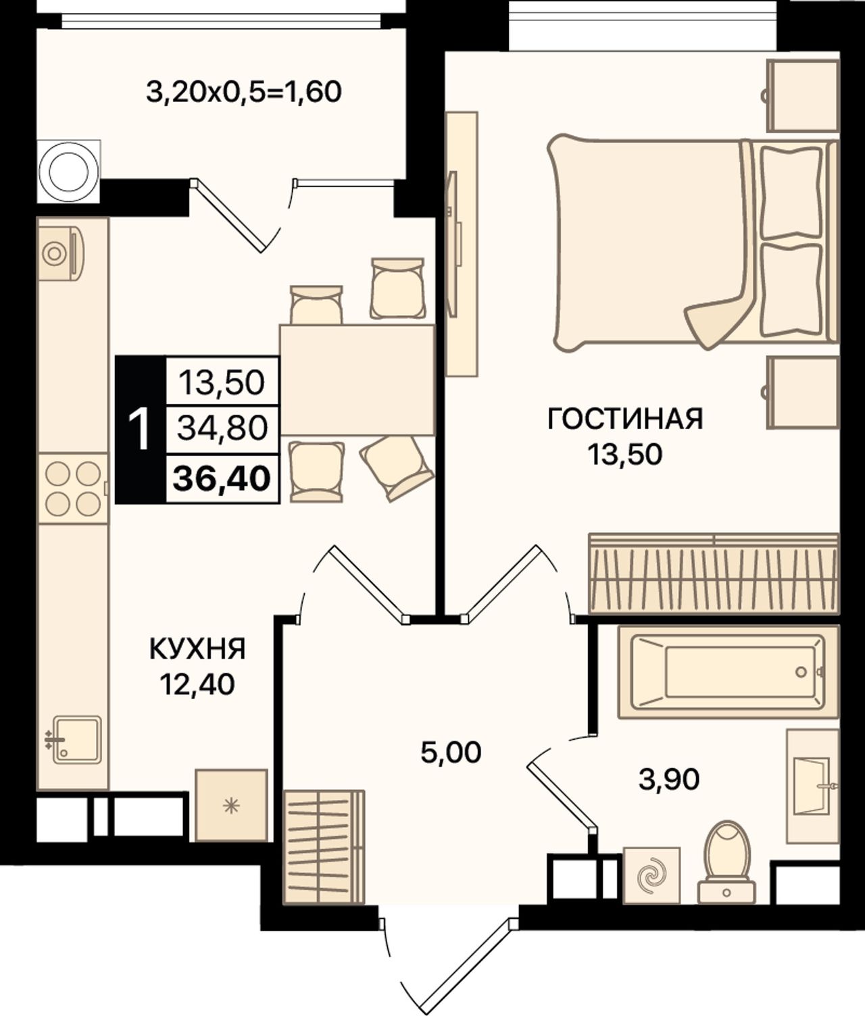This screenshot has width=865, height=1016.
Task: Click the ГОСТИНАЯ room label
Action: pos(625,419)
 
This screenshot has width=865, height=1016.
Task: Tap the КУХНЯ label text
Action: pos(197,649)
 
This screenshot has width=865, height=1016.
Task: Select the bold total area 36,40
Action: pos(222,478)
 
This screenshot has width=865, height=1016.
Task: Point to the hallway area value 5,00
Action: pos(451,753)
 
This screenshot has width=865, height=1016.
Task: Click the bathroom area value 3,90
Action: pos(669,780)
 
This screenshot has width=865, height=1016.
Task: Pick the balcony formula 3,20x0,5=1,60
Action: pos(244,92)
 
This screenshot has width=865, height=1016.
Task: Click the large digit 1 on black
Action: pos(140,430)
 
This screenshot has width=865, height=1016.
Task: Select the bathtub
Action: pos(728,672)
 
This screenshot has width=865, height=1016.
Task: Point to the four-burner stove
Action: pos(73,488)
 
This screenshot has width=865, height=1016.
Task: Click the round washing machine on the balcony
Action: pos(69,172)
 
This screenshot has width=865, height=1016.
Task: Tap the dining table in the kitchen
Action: pos(357,380)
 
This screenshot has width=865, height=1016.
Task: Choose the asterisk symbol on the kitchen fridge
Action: pos(231,806)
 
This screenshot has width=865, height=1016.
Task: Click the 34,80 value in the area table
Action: pos(222,428)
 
